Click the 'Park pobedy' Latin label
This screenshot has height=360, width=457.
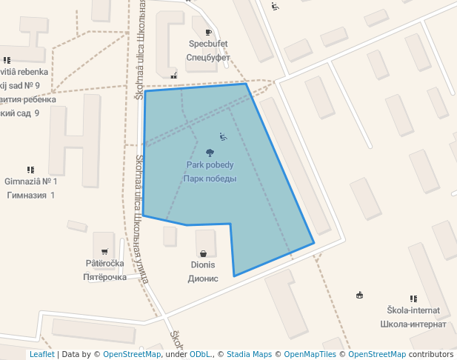(x=210, y=164)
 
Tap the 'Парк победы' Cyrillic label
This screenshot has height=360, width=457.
(x=210, y=179)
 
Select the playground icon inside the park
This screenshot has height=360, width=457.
(x=223, y=136)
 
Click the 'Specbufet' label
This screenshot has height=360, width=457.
(x=207, y=44)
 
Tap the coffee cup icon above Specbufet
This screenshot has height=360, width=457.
(x=208, y=32)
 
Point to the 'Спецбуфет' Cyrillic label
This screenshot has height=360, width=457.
(x=207, y=57)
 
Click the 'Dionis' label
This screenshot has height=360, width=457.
(x=203, y=265)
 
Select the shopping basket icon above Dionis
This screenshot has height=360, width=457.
(x=203, y=253)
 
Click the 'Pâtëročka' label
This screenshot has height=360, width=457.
(x=104, y=263)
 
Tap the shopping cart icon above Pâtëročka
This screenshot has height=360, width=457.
(x=104, y=251)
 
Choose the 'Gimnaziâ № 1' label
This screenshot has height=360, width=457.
(x=30, y=181)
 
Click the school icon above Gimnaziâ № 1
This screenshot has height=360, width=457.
(x=30, y=170)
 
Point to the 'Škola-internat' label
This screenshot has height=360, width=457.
(x=413, y=310)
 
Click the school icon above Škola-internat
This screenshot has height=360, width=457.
(x=413, y=299)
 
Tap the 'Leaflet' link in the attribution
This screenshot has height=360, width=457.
(x=41, y=354)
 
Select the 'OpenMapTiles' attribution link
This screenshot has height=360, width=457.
(x=311, y=354)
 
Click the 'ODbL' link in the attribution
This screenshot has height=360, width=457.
(x=201, y=354)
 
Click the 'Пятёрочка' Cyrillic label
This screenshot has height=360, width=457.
(x=104, y=277)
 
